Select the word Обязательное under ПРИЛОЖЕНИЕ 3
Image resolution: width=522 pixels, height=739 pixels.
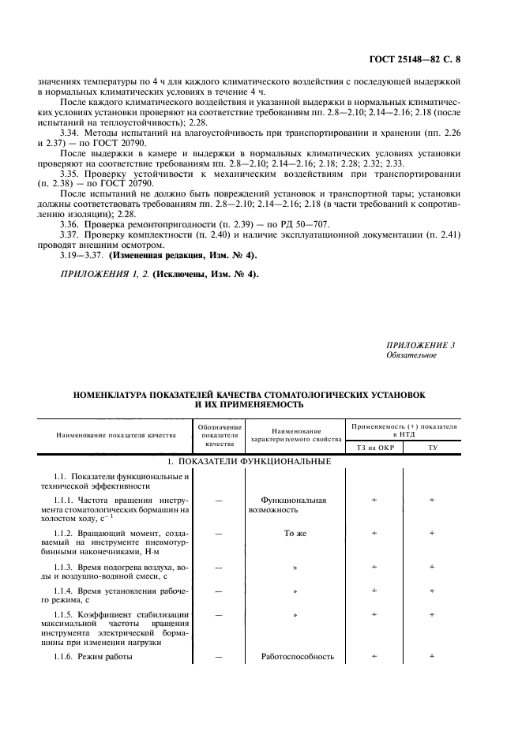pyautogui.click(x=411, y=355)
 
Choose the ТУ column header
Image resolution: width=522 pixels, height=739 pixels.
pyautogui.click(x=432, y=447)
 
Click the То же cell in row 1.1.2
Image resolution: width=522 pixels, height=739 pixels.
pyautogui.click(x=295, y=533)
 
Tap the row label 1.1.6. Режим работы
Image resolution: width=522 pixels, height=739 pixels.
pyautogui.click(x=93, y=656)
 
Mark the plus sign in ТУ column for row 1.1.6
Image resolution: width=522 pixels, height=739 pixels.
pyautogui.click(x=432, y=656)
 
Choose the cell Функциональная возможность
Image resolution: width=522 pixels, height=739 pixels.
pyautogui.click(x=294, y=505)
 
